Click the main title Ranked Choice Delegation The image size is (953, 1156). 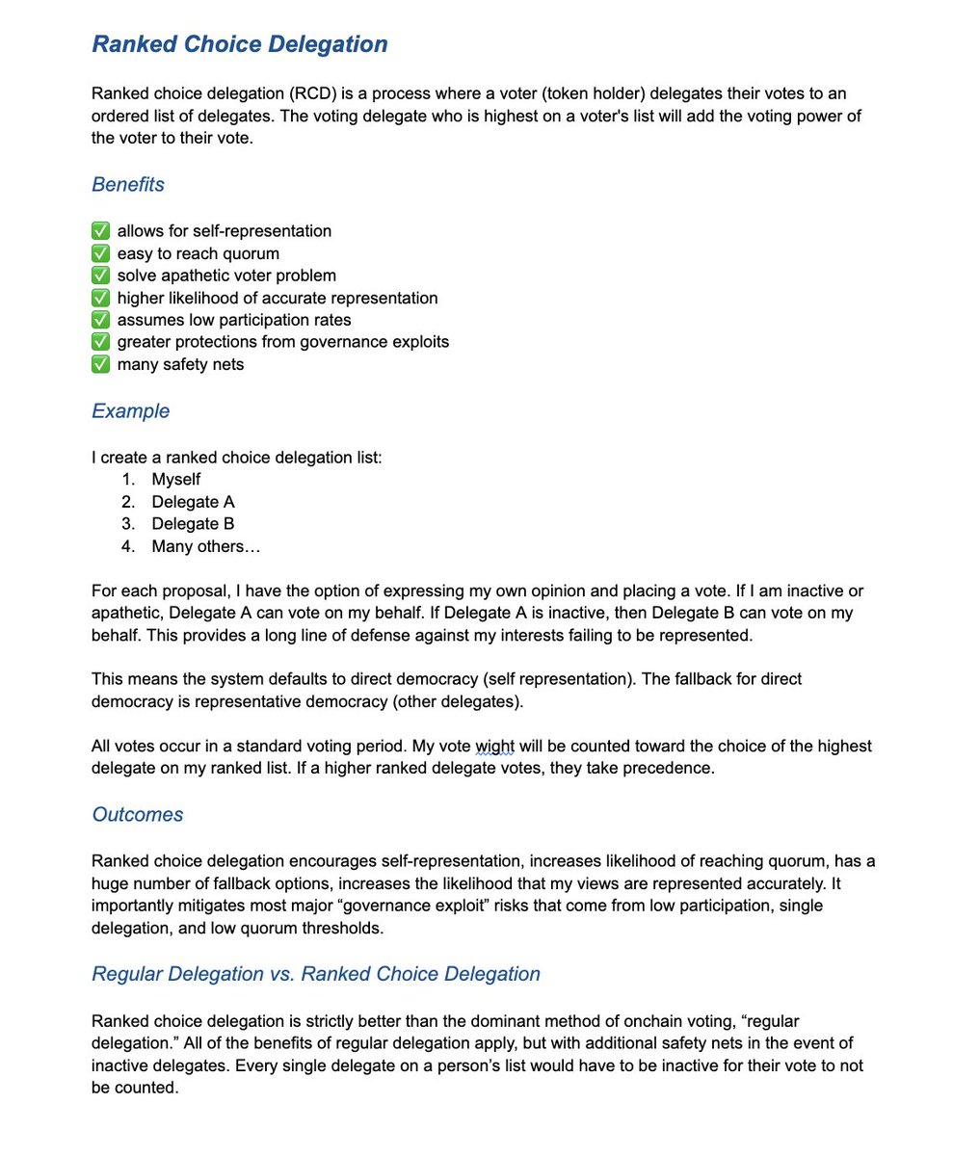click(x=240, y=44)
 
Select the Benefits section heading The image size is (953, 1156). click(x=128, y=184)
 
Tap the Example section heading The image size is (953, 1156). click(x=130, y=411)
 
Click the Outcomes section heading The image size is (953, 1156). click(x=137, y=815)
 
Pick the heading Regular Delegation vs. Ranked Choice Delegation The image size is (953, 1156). click(x=316, y=974)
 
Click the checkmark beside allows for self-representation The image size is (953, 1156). click(x=100, y=231)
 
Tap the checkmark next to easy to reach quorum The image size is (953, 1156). click(x=100, y=253)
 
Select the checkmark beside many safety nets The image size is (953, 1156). click(x=100, y=364)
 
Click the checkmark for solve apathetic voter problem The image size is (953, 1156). click(x=100, y=276)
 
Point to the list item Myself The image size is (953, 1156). click(x=175, y=479)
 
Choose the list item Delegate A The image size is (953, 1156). click(x=193, y=502)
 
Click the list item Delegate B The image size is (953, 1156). click(x=193, y=524)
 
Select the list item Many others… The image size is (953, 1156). click(x=205, y=546)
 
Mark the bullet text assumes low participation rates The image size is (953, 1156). click(x=234, y=320)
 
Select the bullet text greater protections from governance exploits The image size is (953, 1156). click(x=282, y=342)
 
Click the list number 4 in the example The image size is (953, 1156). click(x=127, y=546)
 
